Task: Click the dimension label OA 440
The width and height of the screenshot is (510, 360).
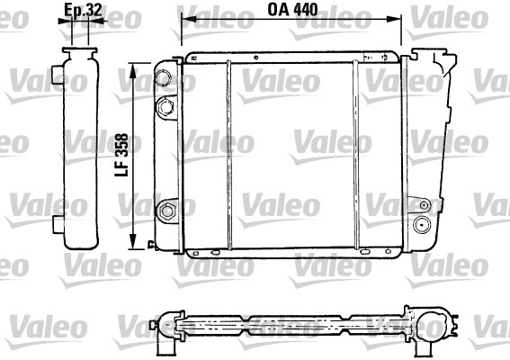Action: coord(292,10)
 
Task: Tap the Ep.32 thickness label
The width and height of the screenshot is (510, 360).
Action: coord(83,10)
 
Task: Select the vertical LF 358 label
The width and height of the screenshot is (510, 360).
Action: coord(122,155)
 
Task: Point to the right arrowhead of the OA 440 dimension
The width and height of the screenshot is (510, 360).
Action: coord(394,19)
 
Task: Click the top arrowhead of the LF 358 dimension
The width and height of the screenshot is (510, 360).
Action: coord(133,70)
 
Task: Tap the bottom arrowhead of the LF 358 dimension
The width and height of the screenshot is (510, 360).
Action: coord(133,243)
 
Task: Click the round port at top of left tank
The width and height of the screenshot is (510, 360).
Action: coord(164,77)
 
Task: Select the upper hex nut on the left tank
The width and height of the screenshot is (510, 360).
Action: coord(166,107)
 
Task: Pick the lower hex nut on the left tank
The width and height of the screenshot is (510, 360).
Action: coord(167,211)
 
